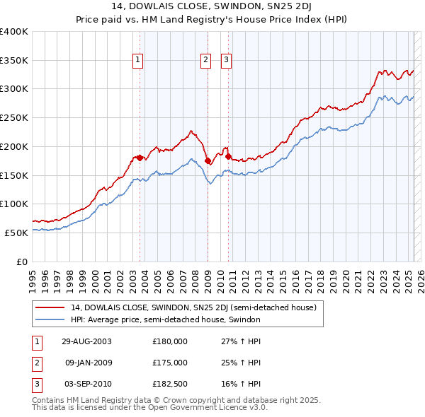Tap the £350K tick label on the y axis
coord(14,60)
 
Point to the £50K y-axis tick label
coord(16,232)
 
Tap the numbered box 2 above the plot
coord(205,61)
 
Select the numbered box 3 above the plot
coord(226,61)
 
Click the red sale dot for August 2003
coord(140,158)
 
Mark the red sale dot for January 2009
coord(208,161)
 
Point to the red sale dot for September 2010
coord(228,157)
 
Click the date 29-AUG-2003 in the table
coord(86,341)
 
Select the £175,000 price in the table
coord(170,363)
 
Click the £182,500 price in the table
coord(170,384)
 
